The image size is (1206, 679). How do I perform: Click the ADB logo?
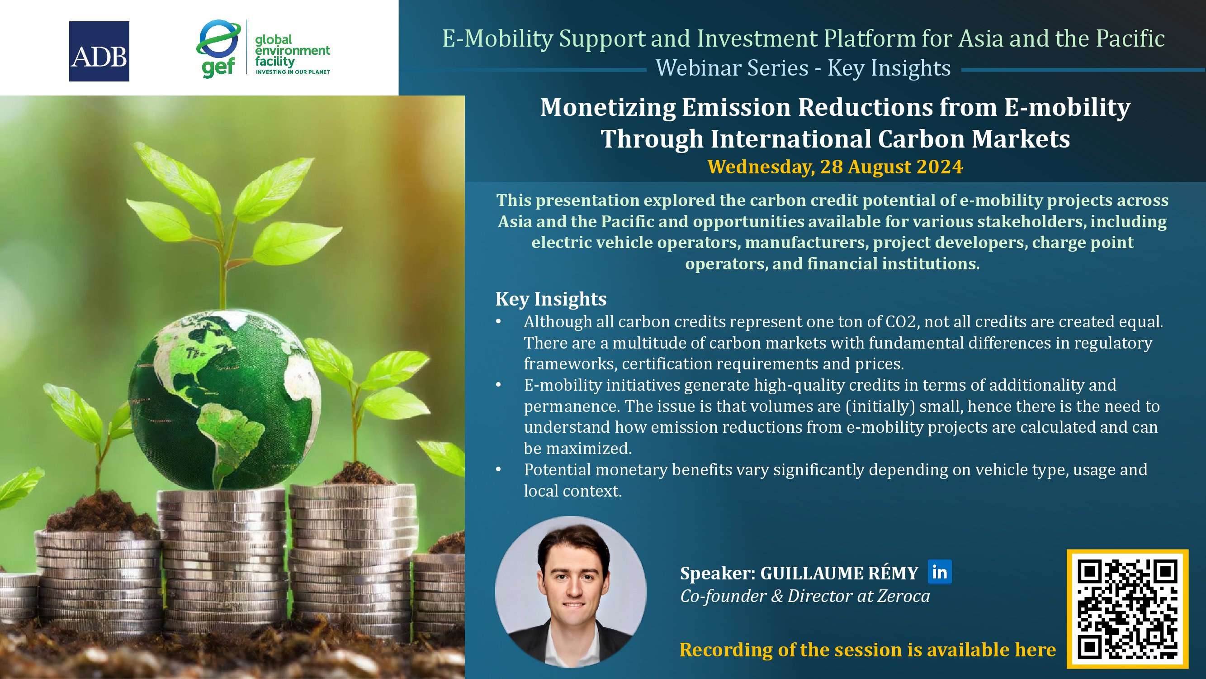click(99, 51)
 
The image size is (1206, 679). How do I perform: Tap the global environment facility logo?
click(263, 49)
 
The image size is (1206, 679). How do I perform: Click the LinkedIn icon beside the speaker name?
click(940, 572)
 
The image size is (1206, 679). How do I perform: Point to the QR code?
click(1127, 609)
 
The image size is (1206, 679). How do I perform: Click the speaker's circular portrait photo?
click(571, 592)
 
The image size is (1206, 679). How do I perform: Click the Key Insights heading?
click(551, 298)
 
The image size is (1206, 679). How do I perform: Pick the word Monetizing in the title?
click(608, 107)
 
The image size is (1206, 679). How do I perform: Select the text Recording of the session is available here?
click(867, 650)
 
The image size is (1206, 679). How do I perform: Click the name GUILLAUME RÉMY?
click(839, 573)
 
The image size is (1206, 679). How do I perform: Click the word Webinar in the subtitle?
click(732, 68)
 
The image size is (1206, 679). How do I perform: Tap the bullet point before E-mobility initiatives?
click(499, 385)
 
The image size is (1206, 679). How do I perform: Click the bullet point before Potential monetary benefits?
click(499, 469)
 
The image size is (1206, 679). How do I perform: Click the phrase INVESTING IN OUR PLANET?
click(293, 72)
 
